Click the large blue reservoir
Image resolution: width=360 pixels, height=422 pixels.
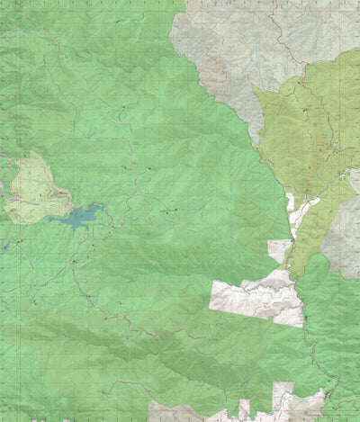tap(79, 216)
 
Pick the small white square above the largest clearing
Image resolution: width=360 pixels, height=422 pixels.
tap(280, 250)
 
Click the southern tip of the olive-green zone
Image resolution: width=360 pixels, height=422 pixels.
tap(293, 270)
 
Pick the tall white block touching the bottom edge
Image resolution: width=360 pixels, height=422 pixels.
tap(283, 400)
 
